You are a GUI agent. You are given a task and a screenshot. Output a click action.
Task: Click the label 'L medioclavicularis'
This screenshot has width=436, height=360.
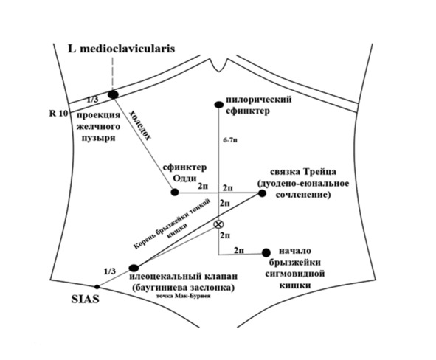click(121, 49)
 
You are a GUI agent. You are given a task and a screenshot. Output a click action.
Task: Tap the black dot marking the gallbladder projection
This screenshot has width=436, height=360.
click(113, 94)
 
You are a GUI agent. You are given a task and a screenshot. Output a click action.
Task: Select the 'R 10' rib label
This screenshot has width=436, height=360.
click(58, 114)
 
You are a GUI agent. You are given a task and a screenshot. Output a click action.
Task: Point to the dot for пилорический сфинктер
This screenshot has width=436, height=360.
click(219, 105)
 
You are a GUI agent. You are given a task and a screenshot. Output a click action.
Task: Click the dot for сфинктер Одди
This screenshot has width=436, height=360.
click(175, 192)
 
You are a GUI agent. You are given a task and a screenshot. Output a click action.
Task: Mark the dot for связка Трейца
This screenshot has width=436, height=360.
click(262, 193)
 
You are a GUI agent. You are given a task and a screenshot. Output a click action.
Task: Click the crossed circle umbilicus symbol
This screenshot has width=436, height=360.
click(219, 224)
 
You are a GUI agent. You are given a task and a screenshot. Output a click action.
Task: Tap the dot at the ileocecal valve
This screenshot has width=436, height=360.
click(134, 268)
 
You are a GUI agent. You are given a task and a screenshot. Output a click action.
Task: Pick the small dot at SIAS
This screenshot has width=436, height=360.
click(97, 287)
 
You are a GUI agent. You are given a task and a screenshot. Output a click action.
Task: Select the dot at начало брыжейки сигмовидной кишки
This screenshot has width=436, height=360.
click(266, 252)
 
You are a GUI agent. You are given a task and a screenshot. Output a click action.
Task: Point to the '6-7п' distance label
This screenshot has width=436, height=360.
click(230, 140)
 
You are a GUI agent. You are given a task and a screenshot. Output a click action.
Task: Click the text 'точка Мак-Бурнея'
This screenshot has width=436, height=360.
click(184, 297)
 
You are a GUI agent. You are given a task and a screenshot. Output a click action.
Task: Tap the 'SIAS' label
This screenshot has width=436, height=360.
click(85, 300)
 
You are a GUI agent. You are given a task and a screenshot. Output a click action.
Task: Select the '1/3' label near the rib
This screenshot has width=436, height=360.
click(92, 100)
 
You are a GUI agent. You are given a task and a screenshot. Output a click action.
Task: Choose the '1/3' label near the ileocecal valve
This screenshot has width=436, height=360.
click(110, 271)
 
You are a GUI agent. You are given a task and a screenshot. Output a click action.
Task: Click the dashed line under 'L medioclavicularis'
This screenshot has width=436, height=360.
click(113, 73)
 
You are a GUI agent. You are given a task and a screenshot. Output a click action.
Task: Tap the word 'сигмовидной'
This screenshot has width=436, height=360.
click(295, 274)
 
